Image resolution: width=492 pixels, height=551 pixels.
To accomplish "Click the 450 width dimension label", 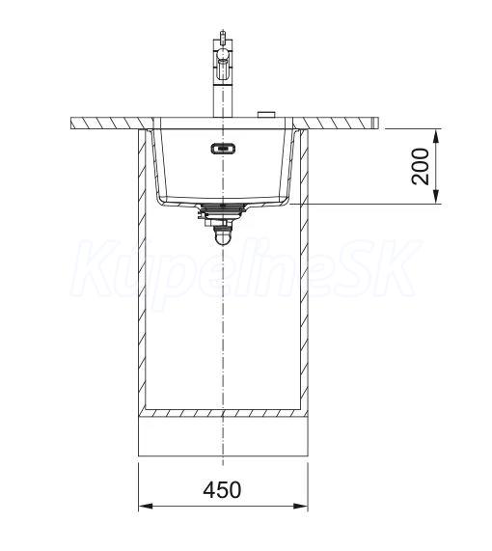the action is (222, 489).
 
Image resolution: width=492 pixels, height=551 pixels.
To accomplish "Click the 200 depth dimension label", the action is (421, 166).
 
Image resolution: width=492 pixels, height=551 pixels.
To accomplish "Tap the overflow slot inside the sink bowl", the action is (223, 149).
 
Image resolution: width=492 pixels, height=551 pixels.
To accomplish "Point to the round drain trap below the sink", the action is (223, 236).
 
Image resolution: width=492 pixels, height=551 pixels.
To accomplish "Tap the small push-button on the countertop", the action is (266, 114).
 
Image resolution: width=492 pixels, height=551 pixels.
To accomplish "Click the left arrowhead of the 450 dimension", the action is (146, 507).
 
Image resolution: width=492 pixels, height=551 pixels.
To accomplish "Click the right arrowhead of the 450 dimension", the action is (300, 507).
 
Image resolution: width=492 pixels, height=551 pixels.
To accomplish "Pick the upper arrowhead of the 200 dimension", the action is (436, 136).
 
